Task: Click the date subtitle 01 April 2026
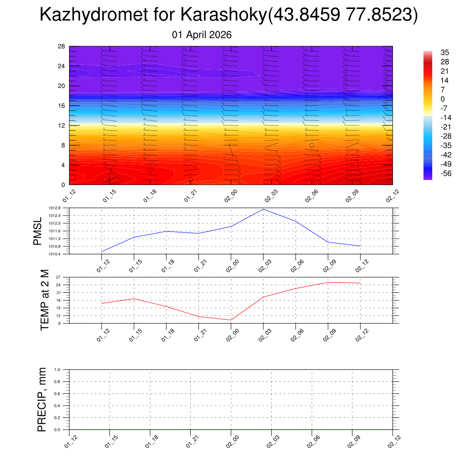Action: click(x=202, y=35)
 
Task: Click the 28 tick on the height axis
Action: click(x=61, y=46)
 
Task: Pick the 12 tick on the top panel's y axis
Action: click(x=61, y=125)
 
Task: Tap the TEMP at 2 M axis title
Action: click(x=44, y=300)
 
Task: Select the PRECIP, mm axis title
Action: click(x=42, y=399)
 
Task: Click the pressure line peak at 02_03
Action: click(x=263, y=209)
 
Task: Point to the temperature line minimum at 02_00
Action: click(x=231, y=320)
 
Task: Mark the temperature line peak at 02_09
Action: click(x=328, y=282)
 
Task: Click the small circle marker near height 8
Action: click(x=312, y=145)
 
